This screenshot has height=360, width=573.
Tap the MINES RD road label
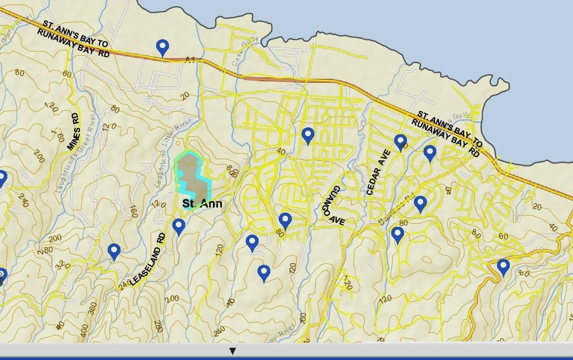[73, 132]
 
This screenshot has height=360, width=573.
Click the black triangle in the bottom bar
[233, 351]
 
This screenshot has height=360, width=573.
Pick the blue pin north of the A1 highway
[163, 47]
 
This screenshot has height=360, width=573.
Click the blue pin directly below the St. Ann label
[179, 226]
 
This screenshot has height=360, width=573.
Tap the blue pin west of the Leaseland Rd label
[114, 251]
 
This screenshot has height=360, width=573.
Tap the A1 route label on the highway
[190, 60]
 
